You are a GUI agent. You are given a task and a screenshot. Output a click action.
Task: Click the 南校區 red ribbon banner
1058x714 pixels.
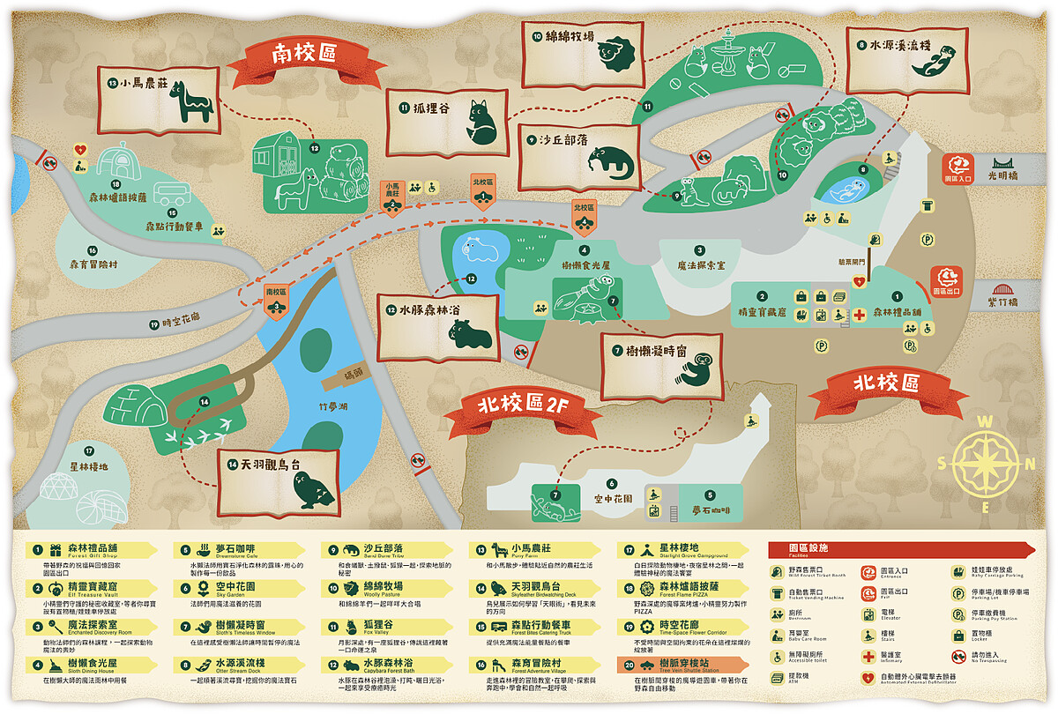304,55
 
